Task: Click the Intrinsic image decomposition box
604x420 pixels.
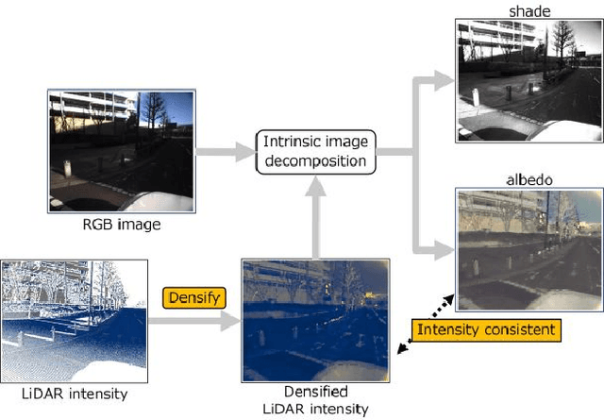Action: pos(316,152)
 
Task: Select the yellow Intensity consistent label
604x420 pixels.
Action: pos(485,330)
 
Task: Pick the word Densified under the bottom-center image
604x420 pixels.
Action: pos(316,391)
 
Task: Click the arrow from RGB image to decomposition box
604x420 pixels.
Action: pos(226,150)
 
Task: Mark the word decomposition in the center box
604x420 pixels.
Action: pos(316,161)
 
